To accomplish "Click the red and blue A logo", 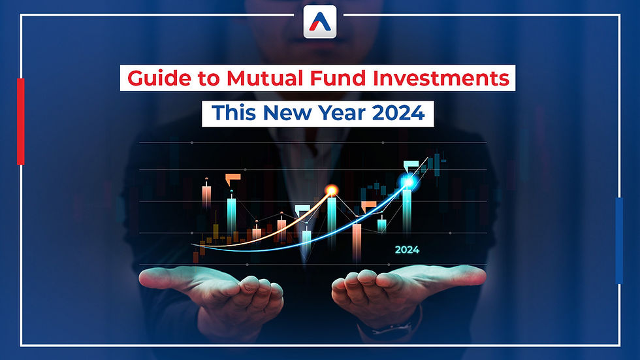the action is click(x=320, y=22).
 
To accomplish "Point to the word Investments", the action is click(x=441, y=78).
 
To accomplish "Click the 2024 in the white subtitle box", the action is click(x=398, y=112).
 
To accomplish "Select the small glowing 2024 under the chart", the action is click(x=407, y=250).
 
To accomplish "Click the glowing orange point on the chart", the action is click(x=332, y=190).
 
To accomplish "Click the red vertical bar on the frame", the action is click(x=21, y=122).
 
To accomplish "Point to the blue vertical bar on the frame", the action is click(x=619, y=240).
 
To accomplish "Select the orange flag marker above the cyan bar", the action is click(x=232, y=178).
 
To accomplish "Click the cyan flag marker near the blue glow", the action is click(x=410, y=165).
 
